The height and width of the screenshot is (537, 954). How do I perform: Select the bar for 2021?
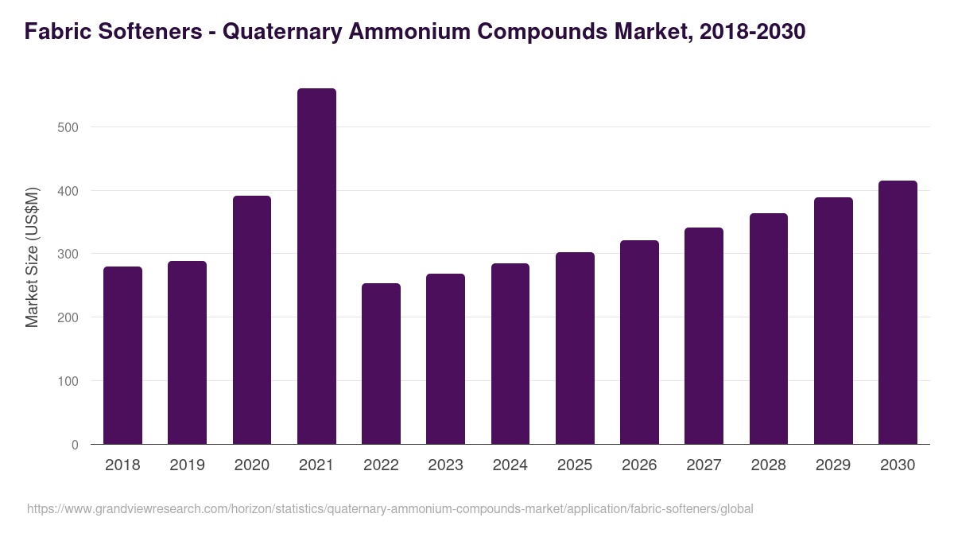click(x=316, y=267)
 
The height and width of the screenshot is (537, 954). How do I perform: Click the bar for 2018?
click(x=122, y=356)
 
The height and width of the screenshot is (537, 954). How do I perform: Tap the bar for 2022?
click(x=381, y=364)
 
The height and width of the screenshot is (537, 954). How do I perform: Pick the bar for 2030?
click(x=898, y=313)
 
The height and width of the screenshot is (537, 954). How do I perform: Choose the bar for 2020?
click(x=252, y=320)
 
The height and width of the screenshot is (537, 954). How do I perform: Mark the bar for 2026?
click(x=639, y=342)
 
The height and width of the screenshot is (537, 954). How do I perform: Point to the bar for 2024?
click(x=510, y=354)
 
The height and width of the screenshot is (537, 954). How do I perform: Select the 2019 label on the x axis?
click(x=187, y=465)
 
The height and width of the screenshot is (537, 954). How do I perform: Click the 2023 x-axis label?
click(x=445, y=465)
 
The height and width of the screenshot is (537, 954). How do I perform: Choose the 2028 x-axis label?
click(x=769, y=465)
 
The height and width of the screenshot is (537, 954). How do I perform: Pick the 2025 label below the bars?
click(x=575, y=465)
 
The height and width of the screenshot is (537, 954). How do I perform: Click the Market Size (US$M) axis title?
click(x=33, y=257)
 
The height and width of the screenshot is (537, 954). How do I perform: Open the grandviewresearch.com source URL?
click(x=390, y=508)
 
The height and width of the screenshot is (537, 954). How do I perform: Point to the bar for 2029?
click(x=833, y=321)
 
